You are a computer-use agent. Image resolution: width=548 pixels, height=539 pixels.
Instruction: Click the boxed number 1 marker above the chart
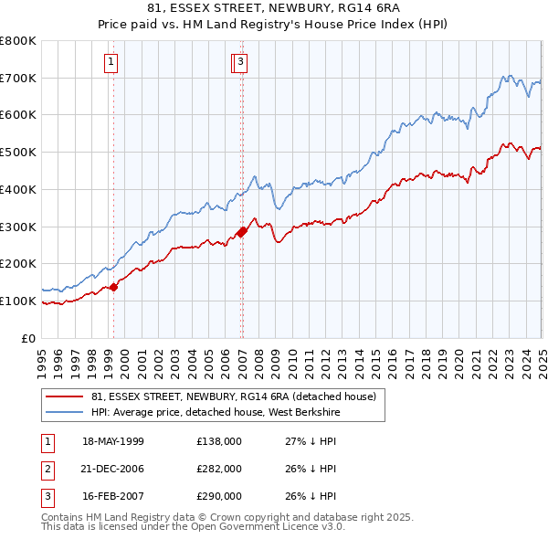point(111,62)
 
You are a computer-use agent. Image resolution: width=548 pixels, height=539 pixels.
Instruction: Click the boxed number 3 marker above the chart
point(240,62)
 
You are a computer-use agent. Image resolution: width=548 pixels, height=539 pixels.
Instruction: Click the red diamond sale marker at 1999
point(114,287)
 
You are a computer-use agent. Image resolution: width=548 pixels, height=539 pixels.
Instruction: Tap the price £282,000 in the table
point(219,469)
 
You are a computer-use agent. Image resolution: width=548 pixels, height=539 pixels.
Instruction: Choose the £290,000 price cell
point(219,497)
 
